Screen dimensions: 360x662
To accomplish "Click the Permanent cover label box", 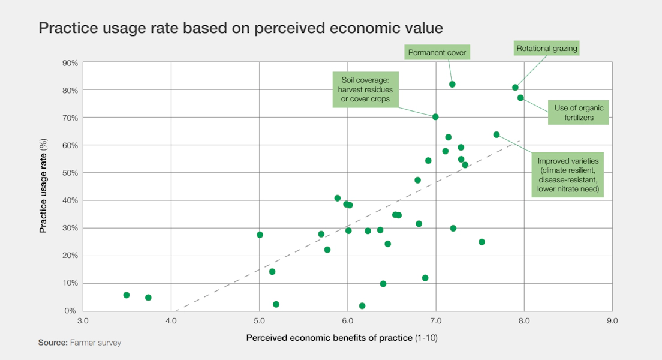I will coord(437,53).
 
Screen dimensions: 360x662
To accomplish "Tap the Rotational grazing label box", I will coord(547,49).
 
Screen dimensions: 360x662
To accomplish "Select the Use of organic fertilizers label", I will coord(578,113).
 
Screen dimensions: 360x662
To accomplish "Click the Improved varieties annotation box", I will coord(567,175).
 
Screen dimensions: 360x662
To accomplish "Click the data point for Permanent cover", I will coord(452,84).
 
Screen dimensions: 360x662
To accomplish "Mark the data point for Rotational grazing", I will coord(515,88).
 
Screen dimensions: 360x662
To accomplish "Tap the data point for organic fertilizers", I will coord(520,98).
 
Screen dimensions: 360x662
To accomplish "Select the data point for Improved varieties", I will coord(496,134).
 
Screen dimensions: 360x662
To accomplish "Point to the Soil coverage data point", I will coord(435,117).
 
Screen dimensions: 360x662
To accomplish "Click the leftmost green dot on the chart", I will coord(127,295).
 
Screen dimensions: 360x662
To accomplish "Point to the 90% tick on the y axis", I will coord(70,63).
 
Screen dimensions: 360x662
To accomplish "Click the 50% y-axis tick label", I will coord(70,173).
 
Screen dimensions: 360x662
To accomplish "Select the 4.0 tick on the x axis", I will coord(171,321).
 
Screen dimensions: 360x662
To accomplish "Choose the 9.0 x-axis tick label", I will coord(612,321).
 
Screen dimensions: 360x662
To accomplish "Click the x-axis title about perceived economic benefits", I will coord(342,338).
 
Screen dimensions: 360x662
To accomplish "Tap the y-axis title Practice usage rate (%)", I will coord(44,187).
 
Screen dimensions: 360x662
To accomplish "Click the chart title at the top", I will coord(240,28).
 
